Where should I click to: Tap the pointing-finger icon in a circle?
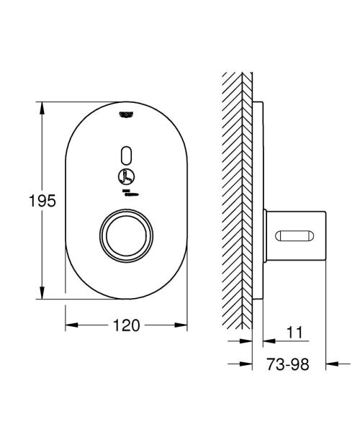coord(126,176)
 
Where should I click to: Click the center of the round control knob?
coord(127,232)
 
